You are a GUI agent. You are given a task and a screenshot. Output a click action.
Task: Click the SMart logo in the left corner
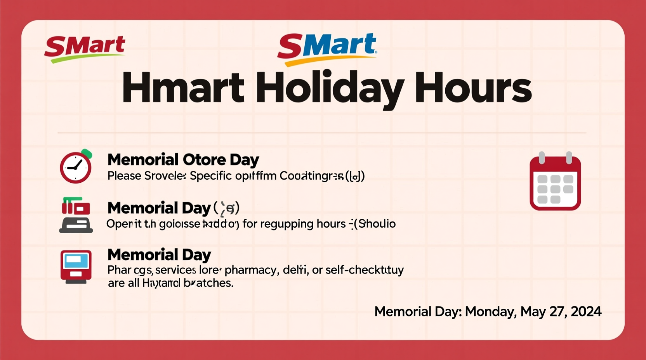pyautogui.click(x=85, y=48)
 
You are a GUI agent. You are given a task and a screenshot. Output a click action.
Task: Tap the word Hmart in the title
pyautogui.click(x=183, y=88)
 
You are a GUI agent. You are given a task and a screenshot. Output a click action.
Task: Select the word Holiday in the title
pyautogui.click(x=329, y=88)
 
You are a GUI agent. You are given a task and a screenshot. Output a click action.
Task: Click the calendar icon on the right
pyautogui.click(x=555, y=182)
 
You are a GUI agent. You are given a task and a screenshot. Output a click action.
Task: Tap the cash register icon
pyautogui.click(x=76, y=215)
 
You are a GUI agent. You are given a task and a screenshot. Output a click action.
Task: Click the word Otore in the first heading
pyautogui.click(x=204, y=160)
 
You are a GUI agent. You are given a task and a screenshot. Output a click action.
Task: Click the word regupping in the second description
pyautogui.click(x=287, y=224)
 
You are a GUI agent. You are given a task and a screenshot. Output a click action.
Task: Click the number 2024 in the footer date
pyautogui.click(x=586, y=312)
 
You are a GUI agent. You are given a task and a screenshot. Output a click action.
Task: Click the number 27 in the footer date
pyautogui.click(x=559, y=312)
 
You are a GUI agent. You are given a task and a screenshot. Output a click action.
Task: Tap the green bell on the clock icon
pyautogui.click(x=87, y=154)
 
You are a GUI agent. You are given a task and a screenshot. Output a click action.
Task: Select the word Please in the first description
pyautogui.click(x=124, y=176)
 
